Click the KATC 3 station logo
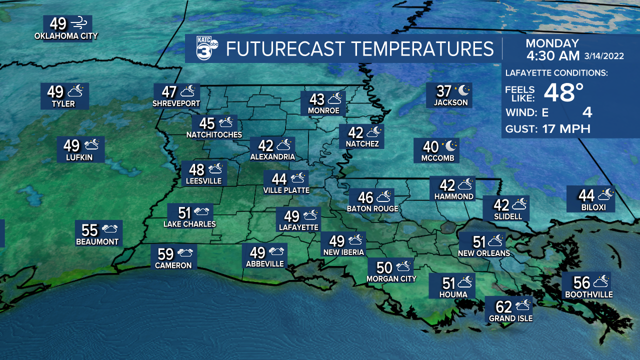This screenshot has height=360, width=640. pyautogui.click(x=205, y=48)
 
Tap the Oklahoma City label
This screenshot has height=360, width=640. pyautogui.click(x=66, y=36)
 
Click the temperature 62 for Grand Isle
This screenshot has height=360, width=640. pyautogui.click(x=503, y=305)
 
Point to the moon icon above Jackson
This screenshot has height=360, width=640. pyautogui.click(x=463, y=90)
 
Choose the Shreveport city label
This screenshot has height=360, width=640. pyautogui.click(x=176, y=103)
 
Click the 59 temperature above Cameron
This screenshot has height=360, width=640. pyautogui.click(x=165, y=253)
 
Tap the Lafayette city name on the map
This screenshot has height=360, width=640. pyautogui.click(x=298, y=227)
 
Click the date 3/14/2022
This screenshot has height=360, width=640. pyautogui.click(x=604, y=56)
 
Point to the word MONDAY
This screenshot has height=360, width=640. pyautogui.click(x=552, y=43)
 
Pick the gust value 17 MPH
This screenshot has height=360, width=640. pyautogui.click(x=566, y=129)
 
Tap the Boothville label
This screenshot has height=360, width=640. pyautogui.click(x=588, y=294)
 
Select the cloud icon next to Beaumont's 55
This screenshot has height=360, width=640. pyautogui.click(x=110, y=229)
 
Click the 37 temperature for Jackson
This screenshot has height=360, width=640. pyautogui.click(x=444, y=91)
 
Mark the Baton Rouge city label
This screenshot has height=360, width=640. pyautogui.click(x=372, y=208)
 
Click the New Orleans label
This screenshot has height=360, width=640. pyautogui.click(x=483, y=253)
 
